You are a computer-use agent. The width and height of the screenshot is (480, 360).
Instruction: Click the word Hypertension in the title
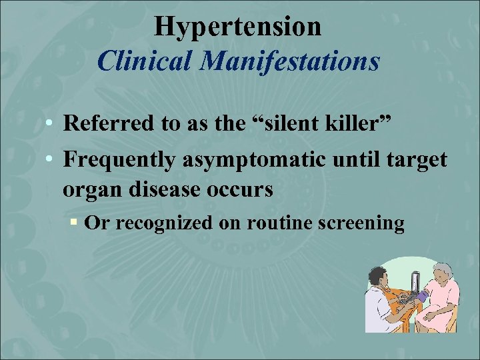click(237, 27)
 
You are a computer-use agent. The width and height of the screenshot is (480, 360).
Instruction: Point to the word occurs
click(243, 189)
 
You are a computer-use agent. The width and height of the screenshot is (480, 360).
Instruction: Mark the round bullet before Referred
click(50, 124)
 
